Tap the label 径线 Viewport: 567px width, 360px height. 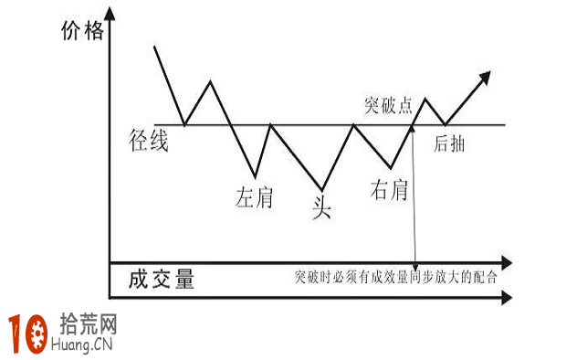click(x=150, y=142)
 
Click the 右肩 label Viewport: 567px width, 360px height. click(x=389, y=190)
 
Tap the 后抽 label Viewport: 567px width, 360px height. click(x=447, y=143)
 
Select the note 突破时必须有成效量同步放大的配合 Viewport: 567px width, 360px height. click(x=395, y=277)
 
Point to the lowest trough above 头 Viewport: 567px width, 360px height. click(x=321, y=183)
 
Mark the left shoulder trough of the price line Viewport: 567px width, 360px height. click(x=255, y=176)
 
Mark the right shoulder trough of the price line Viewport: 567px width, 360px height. click(x=391, y=168)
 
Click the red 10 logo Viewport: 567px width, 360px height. click(x=28, y=334)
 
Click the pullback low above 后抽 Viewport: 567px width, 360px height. click(x=445, y=124)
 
